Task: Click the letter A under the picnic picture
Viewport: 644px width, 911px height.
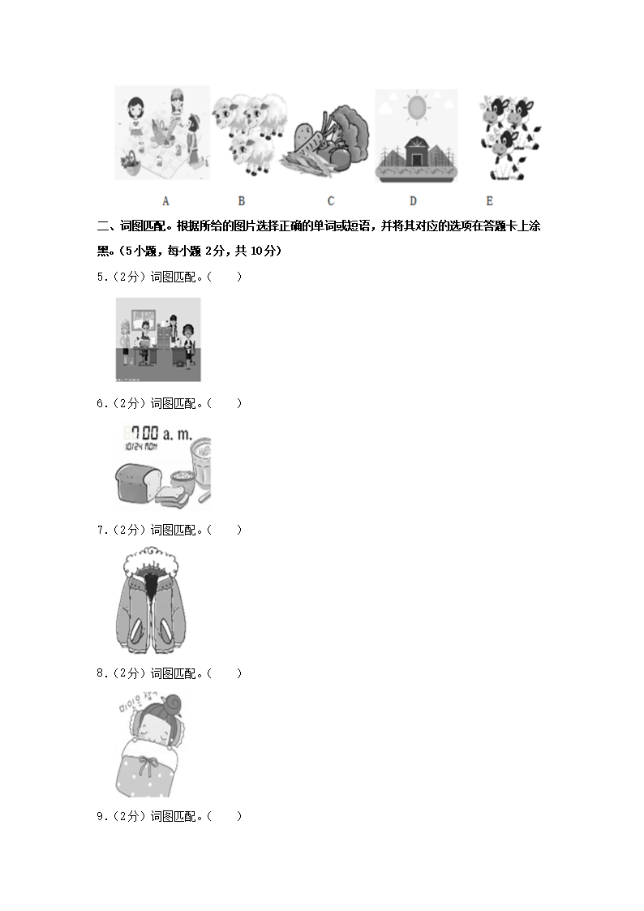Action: [x=165, y=201]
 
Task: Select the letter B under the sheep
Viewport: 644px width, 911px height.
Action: [x=241, y=201]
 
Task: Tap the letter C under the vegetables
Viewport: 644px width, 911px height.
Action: [x=331, y=201]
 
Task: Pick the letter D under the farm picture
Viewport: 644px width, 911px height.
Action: [x=413, y=201]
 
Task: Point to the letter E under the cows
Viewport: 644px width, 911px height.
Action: [x=489, y=201]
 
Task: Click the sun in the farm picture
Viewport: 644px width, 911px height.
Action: [x=416, y=108]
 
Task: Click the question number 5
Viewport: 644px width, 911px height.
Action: [x=101, y=277]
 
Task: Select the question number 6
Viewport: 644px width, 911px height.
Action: [x=101, y=403]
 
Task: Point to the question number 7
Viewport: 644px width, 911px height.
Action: [x=101, y=530]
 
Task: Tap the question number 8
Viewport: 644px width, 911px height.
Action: [x=101, y=673]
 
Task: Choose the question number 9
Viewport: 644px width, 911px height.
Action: [x=101, y=816]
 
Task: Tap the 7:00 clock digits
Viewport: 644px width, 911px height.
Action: [x=142, y=434]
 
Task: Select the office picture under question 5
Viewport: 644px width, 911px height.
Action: [x=158, y=339]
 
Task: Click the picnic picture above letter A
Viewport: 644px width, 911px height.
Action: [x=162, y=134]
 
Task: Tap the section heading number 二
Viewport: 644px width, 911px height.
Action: [x=102, y=226]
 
